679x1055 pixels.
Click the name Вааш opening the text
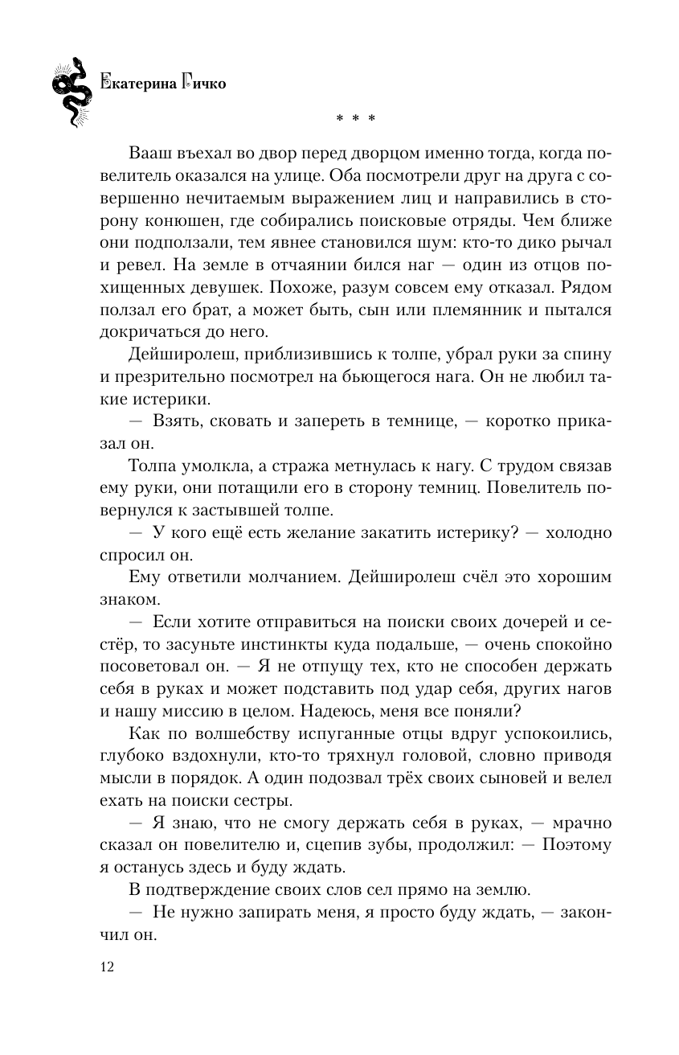point(150,154)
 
